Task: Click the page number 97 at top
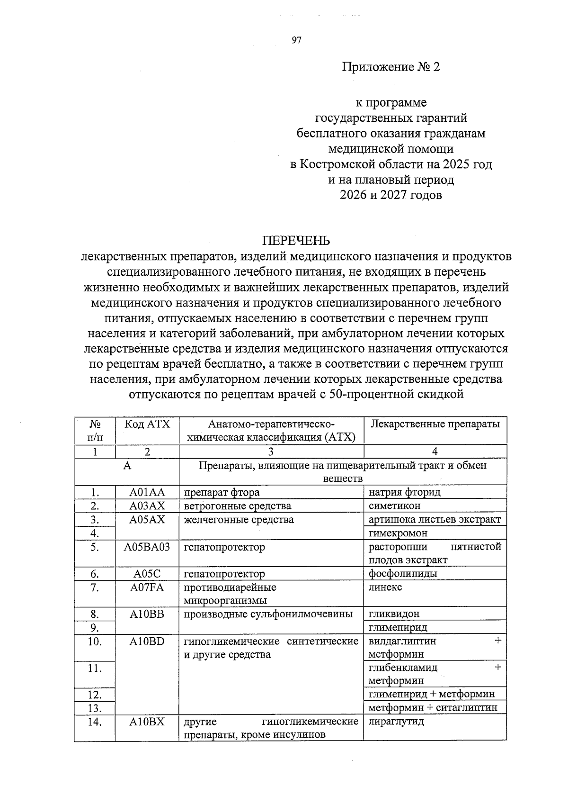click(296, 40)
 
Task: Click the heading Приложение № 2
click(391, 67)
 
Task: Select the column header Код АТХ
click(147, 424)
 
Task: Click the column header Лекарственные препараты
click(435, 424)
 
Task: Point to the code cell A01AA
click(147, 492)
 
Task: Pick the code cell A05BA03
click(147, 547)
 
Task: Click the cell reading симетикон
click(395, 506)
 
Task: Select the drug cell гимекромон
click(398, 533)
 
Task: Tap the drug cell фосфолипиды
click(403, 574)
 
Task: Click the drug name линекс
click(385, 587)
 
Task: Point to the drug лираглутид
click(396, 722)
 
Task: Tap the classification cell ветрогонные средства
click(238, 506)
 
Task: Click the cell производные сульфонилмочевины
click(268, 614)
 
